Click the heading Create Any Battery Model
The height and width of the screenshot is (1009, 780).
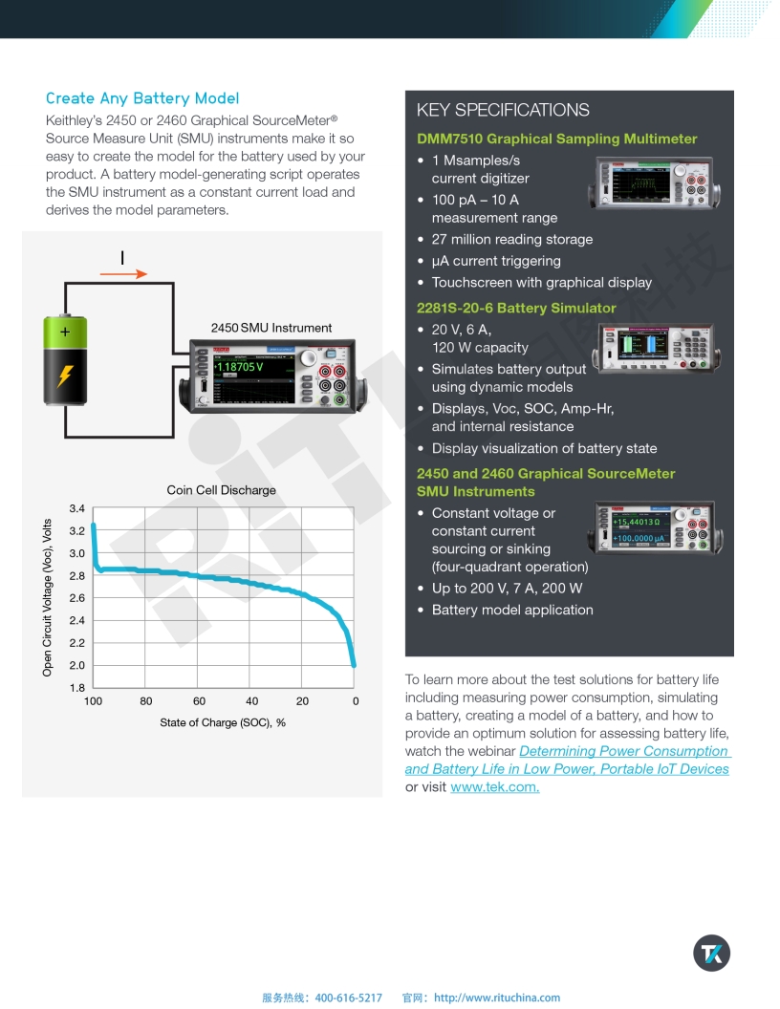point(142,98)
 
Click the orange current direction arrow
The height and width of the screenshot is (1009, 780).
point(123,274)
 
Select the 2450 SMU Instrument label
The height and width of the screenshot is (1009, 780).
point(271,328)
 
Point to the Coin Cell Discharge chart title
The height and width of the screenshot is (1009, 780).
point(221,490)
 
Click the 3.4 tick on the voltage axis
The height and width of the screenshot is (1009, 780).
point(76,508)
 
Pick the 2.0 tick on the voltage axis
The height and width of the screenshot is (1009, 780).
point(76,665)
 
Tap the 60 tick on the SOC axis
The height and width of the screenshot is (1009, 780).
point(199,701)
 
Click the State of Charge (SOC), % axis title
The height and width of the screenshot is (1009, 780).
point(223,722)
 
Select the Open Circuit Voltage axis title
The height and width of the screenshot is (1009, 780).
point(47,598)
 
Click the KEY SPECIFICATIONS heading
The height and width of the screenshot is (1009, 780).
point(503,110)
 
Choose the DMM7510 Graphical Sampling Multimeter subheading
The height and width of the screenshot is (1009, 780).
point(556,139)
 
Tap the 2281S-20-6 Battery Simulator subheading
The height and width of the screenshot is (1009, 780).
point(516,308)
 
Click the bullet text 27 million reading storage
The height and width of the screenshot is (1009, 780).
point(511,239)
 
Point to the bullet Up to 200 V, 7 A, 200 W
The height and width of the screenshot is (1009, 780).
point(507,589)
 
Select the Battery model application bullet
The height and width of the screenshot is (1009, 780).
point(512,610)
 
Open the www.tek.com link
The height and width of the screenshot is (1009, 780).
point(494,786)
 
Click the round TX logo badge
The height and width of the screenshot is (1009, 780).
point(711,953)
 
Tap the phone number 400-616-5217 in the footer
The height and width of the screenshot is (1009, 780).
point(348,998)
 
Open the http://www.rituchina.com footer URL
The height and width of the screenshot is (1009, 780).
point(497,998)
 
